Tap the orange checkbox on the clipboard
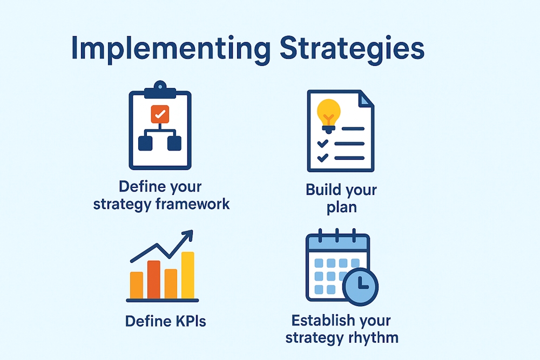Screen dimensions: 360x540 pyautogui.click(x=160, y=113)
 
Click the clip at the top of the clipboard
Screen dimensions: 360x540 pyautogui.click(x=160, y=87)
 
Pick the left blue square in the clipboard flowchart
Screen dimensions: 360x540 pyautogui.click(x=146, y=143)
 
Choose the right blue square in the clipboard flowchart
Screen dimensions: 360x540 pyautogui.click(x=174, y=143)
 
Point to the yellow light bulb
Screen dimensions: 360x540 pyautogui.click(x=329, y=112)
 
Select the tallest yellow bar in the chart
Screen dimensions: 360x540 pyautogui.click(x=187, y=275)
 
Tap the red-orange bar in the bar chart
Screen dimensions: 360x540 pyautogui.click(x=154, y=279)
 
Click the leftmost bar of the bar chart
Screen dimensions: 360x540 pyautogui.click(x=137, y=285)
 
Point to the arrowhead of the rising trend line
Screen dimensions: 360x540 pyautogui.click(x=187, y=236)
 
